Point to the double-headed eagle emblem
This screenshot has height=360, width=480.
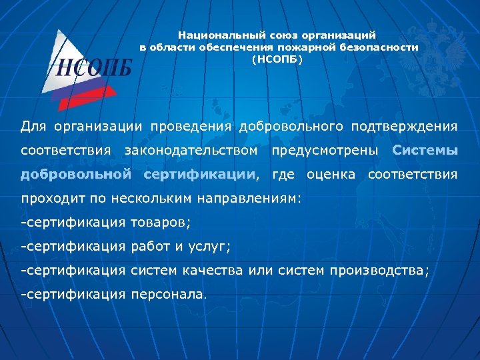pyautogui.click(x=437, y=53)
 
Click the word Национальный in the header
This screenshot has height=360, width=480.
pyautogui.click(x=215, y=35)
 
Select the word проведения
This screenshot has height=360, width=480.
pyautogui.click(x=191, y=126)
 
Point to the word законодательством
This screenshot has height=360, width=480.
pyautogui.click(x=191, y=151)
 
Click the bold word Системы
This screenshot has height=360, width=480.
pyautogui.click(x=425, y=151)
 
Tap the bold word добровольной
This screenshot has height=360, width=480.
pyautogui.click(x=75, y=175)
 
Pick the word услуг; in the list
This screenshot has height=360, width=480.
pyautogui.click(x=211, y=247)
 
